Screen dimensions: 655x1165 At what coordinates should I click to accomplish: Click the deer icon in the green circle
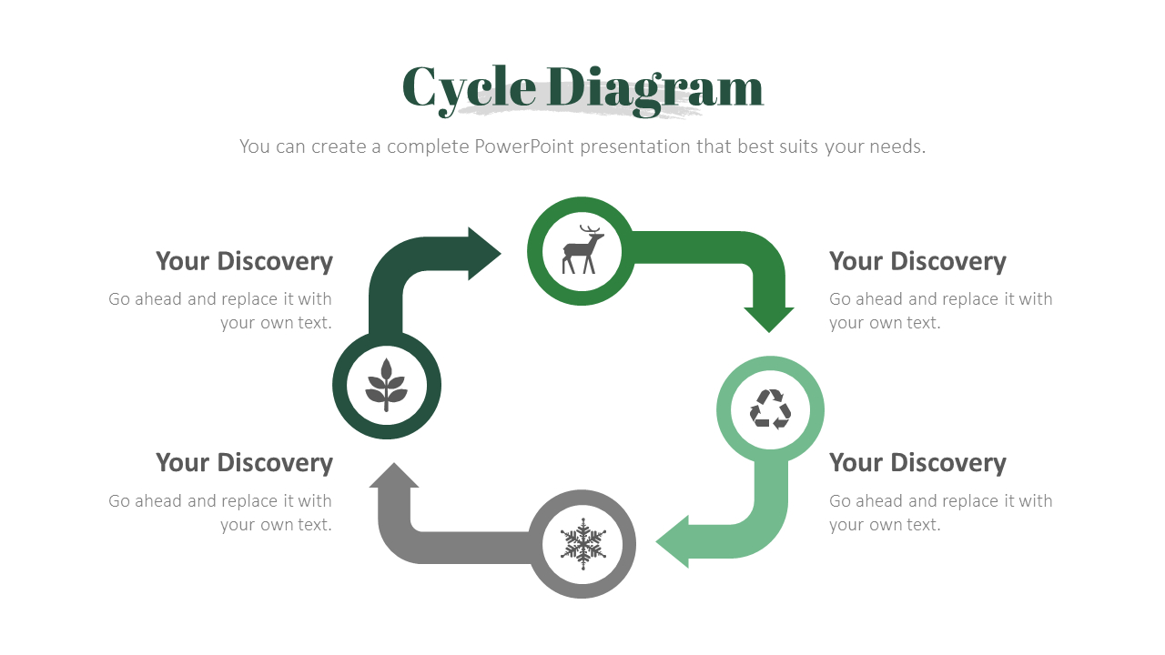tap(582, 250)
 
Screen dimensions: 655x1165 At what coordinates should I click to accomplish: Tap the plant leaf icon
tap(387, 385)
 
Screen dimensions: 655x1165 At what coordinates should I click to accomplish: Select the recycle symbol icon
tap(770, 409)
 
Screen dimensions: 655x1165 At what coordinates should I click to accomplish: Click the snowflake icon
tap(582, 544)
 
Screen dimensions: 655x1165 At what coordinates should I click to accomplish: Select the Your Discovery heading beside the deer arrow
tap(917, 261)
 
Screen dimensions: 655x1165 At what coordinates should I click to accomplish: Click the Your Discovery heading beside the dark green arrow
tap(244, 261)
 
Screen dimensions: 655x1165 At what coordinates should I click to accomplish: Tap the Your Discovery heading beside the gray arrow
tap(244, 462)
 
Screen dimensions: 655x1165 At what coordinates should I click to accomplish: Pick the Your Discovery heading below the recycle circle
tap(917, 462)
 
